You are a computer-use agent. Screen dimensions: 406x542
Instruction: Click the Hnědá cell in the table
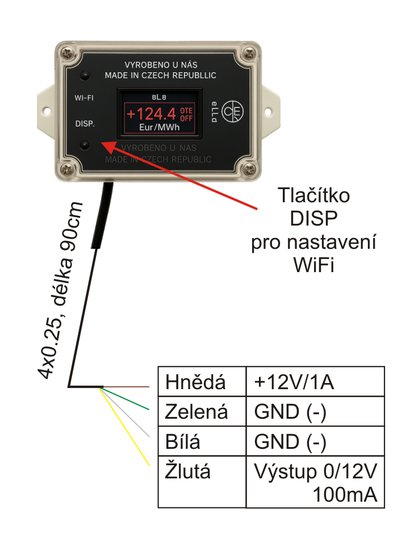202,381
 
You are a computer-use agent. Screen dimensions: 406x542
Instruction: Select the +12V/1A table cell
315,381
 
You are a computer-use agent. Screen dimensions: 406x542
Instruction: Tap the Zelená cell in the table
202,411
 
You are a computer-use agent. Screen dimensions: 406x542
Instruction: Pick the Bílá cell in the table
202,441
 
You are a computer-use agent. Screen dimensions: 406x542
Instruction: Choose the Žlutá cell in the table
202,482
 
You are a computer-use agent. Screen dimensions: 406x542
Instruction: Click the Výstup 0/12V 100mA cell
315,482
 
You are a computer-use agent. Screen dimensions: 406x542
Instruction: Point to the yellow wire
124,427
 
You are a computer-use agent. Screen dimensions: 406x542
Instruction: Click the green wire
125,399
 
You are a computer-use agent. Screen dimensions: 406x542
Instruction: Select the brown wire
126,387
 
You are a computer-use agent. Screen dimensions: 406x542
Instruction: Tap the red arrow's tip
101,141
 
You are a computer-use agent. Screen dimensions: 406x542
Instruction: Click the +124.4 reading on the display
152,114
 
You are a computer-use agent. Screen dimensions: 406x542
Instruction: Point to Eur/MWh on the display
160,127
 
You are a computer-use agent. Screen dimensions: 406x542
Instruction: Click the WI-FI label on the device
84,98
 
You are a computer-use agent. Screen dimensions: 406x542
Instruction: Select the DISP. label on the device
85,123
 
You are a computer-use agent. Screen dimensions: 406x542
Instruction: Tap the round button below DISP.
85,145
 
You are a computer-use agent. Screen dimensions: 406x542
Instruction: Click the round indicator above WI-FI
85,76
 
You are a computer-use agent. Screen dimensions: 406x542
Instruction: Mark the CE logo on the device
233,111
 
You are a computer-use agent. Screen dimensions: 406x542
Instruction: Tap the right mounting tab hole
268,111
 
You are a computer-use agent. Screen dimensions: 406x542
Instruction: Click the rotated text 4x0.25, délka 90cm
60,290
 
